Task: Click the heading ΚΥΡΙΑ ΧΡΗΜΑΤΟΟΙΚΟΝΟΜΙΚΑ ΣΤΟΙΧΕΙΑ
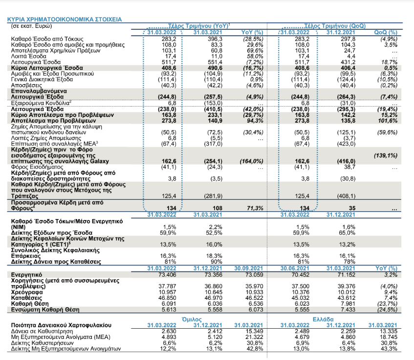point(65,20)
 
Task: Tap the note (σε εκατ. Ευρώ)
point(31,26)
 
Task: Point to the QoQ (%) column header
point(386,32)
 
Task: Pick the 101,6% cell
point(388,121)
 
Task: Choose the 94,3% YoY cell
point(255,121)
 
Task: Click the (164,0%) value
point(252,161)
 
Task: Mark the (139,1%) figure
point(386,156)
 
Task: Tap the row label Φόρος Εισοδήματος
point(37,167)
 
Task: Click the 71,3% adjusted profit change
point(255,208)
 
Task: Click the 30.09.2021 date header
point(249,269)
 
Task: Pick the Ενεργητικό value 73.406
point(167,275)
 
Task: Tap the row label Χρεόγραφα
point(27,292)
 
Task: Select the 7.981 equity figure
point(348,304)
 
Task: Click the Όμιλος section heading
point(192,319)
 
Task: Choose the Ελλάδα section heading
point(323,319)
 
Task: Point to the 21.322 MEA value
point(255,337)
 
